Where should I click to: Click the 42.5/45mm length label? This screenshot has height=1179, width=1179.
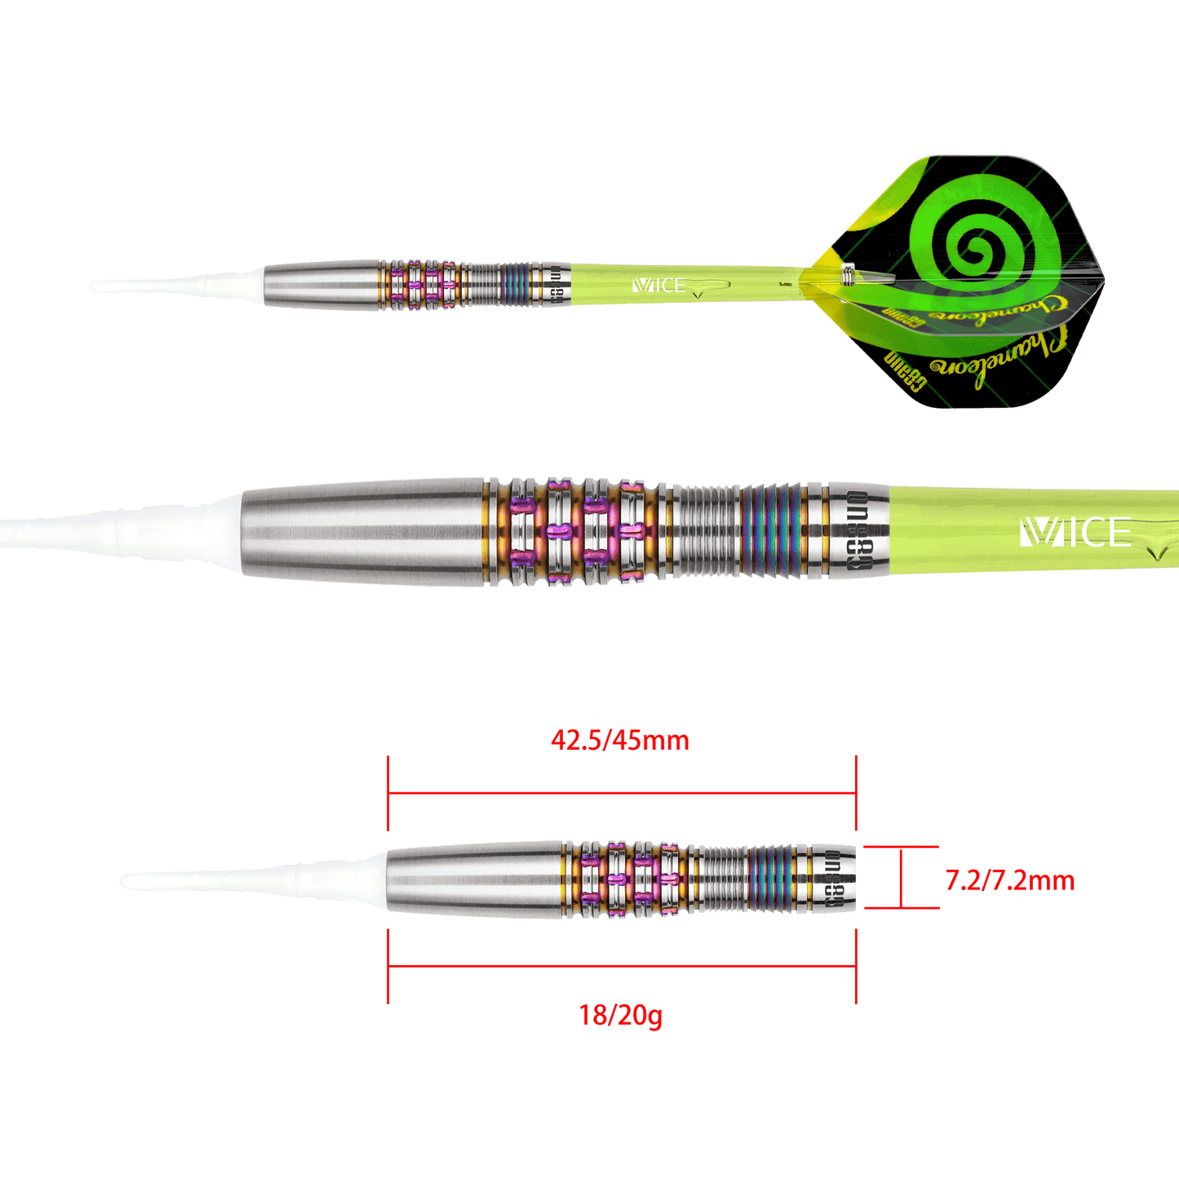(619, 741)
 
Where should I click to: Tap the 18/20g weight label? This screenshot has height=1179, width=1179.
(619, 1016)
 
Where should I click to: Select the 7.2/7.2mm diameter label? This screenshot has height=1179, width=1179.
(1009, 881)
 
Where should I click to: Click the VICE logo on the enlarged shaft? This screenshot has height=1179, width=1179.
(1075, 533)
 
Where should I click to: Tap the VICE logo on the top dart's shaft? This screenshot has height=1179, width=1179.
(658, 286)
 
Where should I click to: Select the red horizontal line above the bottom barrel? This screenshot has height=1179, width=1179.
(620, 791)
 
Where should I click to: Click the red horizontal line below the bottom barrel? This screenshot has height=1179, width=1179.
(620, 965)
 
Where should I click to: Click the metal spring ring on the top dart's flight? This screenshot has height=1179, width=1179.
(849, 276)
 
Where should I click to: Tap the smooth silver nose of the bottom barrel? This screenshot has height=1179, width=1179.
(473, 881)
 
